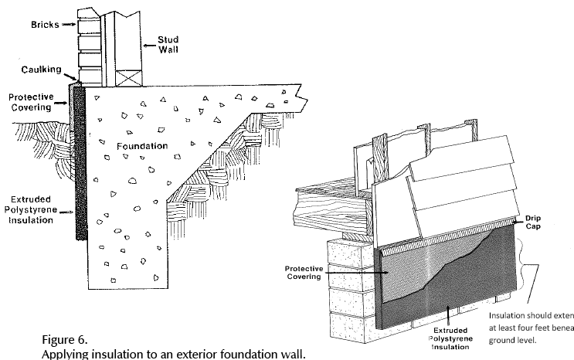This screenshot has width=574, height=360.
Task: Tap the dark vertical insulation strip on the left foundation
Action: pos(79,162)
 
